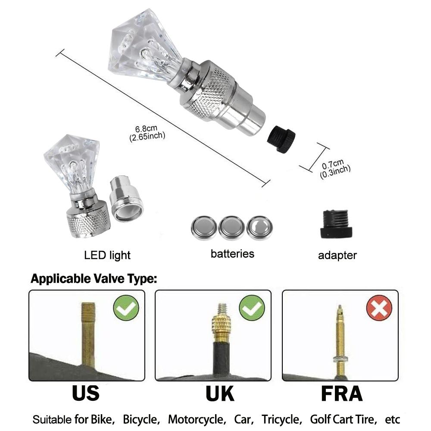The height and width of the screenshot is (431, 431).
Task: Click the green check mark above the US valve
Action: click(126, 308)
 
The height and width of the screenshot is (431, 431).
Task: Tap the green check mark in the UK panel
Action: click(252, 308)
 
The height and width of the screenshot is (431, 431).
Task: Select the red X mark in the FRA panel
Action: click(379, 308)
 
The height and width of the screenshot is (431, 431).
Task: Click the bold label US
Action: click(86, 394)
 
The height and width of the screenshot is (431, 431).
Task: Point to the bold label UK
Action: click(220, 394)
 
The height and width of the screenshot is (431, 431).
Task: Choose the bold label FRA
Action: click(342, 394)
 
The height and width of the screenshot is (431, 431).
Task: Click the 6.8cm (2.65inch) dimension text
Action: click(147, 133)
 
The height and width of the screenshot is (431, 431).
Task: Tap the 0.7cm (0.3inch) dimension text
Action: click(334, 169)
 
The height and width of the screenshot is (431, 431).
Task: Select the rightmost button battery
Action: click(259, 228)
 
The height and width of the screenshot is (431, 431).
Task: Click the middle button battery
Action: click(231, 228)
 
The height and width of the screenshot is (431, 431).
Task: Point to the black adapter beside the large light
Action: click(281, 139)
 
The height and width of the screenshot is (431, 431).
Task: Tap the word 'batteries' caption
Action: click(232, 254)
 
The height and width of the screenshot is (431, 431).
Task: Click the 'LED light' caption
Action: click(107, 256)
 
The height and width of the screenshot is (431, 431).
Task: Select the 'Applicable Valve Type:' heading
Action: click(94, 278)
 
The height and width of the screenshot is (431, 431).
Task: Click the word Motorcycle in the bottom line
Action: click(197, 419)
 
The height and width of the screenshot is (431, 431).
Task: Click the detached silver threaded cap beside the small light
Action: click(126, 199)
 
